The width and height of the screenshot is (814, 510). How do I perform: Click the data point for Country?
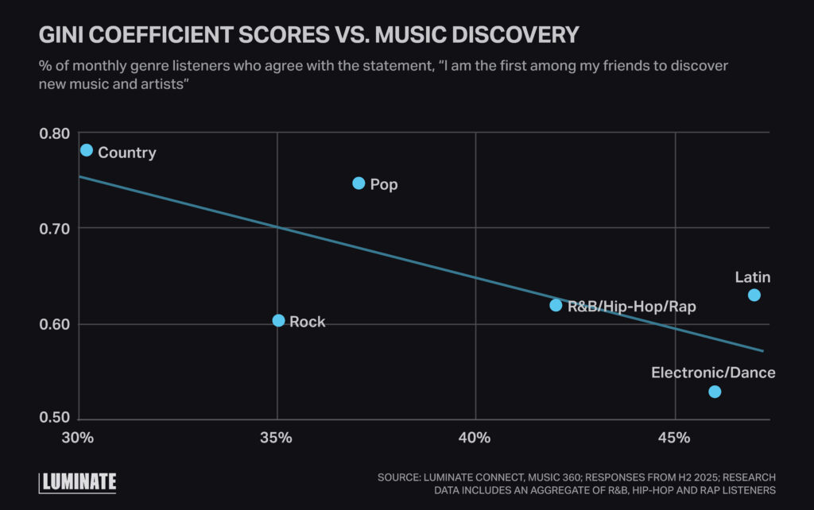87,150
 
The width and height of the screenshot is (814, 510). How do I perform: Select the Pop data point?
359,184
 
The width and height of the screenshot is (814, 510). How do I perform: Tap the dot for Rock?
278,321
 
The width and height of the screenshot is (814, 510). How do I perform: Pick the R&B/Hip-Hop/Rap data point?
556,305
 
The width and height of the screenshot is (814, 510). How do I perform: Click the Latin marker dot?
754,296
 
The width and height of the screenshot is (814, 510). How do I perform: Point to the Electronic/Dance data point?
715,392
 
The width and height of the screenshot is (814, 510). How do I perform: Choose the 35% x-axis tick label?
277,438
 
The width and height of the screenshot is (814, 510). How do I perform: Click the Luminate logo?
78,481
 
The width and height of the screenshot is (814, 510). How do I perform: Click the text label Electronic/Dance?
713,373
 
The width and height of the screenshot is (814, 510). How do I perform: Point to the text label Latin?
752,277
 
